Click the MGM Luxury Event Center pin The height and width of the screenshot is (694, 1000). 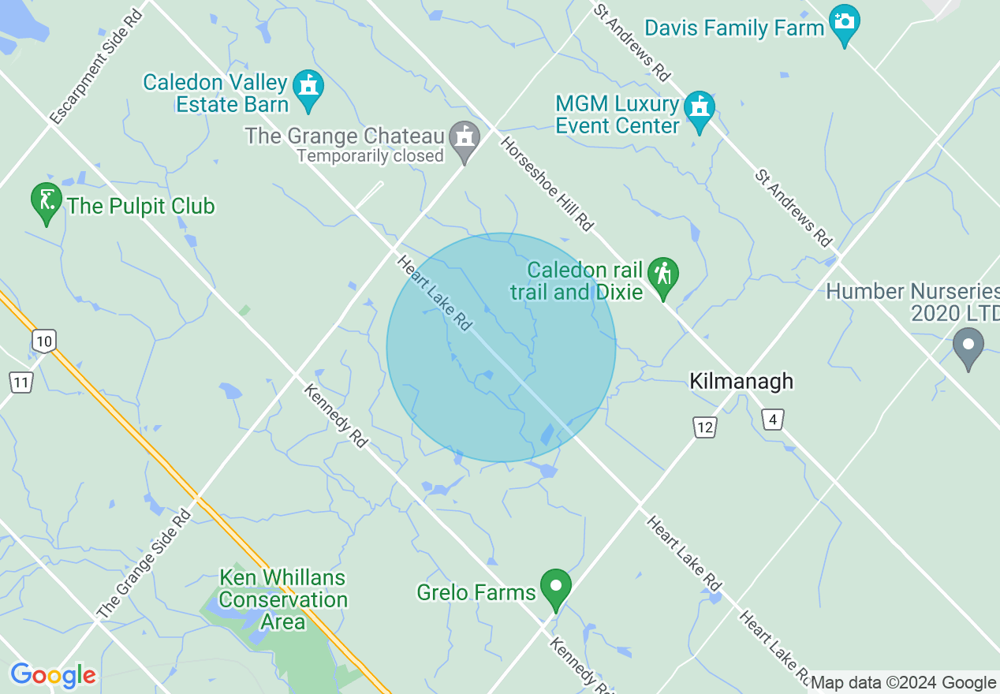(699, 110)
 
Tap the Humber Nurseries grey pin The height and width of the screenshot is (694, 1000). (968, 347)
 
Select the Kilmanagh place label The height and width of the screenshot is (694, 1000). (741, 382)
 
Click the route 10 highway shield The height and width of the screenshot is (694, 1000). (44, 341)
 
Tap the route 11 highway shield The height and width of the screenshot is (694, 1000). (21, 383)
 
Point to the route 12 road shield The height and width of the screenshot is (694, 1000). (705, 427)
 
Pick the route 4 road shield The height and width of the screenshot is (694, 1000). (773, 420)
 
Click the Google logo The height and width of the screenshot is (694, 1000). (53, 675)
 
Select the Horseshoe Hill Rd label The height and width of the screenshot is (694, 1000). (547, 184)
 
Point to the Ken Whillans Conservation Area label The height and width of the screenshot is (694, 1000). (283, 599)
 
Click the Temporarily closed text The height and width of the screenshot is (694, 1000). (371, 156)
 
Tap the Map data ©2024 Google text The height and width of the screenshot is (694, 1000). (903, 683)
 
